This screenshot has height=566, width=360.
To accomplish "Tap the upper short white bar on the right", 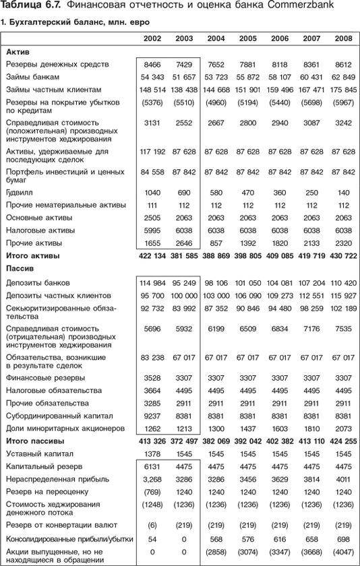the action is [x=310, y=182].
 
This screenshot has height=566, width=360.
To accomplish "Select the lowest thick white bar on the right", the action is [x=310, y=343].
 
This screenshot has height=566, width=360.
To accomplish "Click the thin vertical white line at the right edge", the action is [x=358, y=303].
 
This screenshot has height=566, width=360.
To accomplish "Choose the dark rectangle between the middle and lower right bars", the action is [x=310, y=306].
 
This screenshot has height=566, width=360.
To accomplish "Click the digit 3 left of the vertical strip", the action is [x=258, y=152].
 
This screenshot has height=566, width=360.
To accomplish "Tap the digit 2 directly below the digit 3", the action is [x=257, y=173].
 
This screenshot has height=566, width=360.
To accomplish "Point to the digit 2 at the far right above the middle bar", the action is [x=355, y=257].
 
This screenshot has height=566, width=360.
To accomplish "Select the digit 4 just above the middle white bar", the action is [x=268, y=257].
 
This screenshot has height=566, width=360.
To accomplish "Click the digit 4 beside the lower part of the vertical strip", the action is [x=268, y=442].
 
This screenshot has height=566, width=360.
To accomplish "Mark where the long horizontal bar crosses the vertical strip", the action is [x=264, y=268].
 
